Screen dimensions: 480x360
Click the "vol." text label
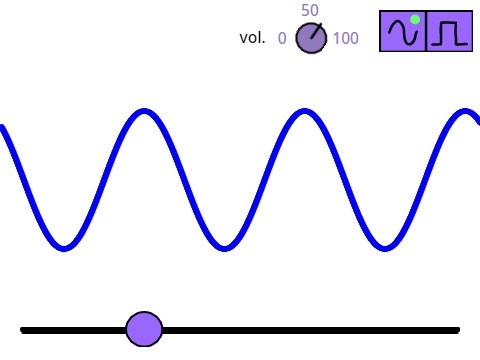click(252, 39)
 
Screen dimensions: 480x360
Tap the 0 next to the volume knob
click(282, 39)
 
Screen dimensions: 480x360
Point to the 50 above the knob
click(310, 11)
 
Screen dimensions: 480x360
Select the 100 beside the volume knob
click(346, 39)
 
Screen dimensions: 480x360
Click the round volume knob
click(311, 39)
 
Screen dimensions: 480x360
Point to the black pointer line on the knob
click(317, 32)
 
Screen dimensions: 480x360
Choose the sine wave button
click(403, 32)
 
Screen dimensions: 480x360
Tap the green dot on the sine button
click(414, 19)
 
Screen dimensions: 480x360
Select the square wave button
click(449, 32)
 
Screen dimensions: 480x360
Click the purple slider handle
click(145, 328)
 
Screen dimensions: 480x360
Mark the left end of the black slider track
click(23, 329)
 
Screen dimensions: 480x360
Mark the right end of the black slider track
click(457, 329)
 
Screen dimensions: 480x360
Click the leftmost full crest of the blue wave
click(144, 111)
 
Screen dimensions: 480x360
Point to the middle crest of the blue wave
click(303, 111)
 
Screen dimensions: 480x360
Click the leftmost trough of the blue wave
click(64, 247)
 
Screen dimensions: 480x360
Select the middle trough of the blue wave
click(224, 247)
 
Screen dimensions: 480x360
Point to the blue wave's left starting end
click(2, 128)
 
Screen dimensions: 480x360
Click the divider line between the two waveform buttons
click(427, 32)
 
